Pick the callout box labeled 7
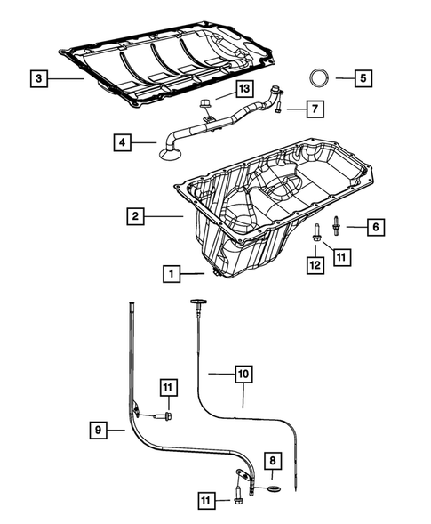[315, 109]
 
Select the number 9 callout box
[100, 431]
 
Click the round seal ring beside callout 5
[321, 77]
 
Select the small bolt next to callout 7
[279, 109]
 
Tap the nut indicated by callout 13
[207, 108]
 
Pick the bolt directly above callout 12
[316, 233]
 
